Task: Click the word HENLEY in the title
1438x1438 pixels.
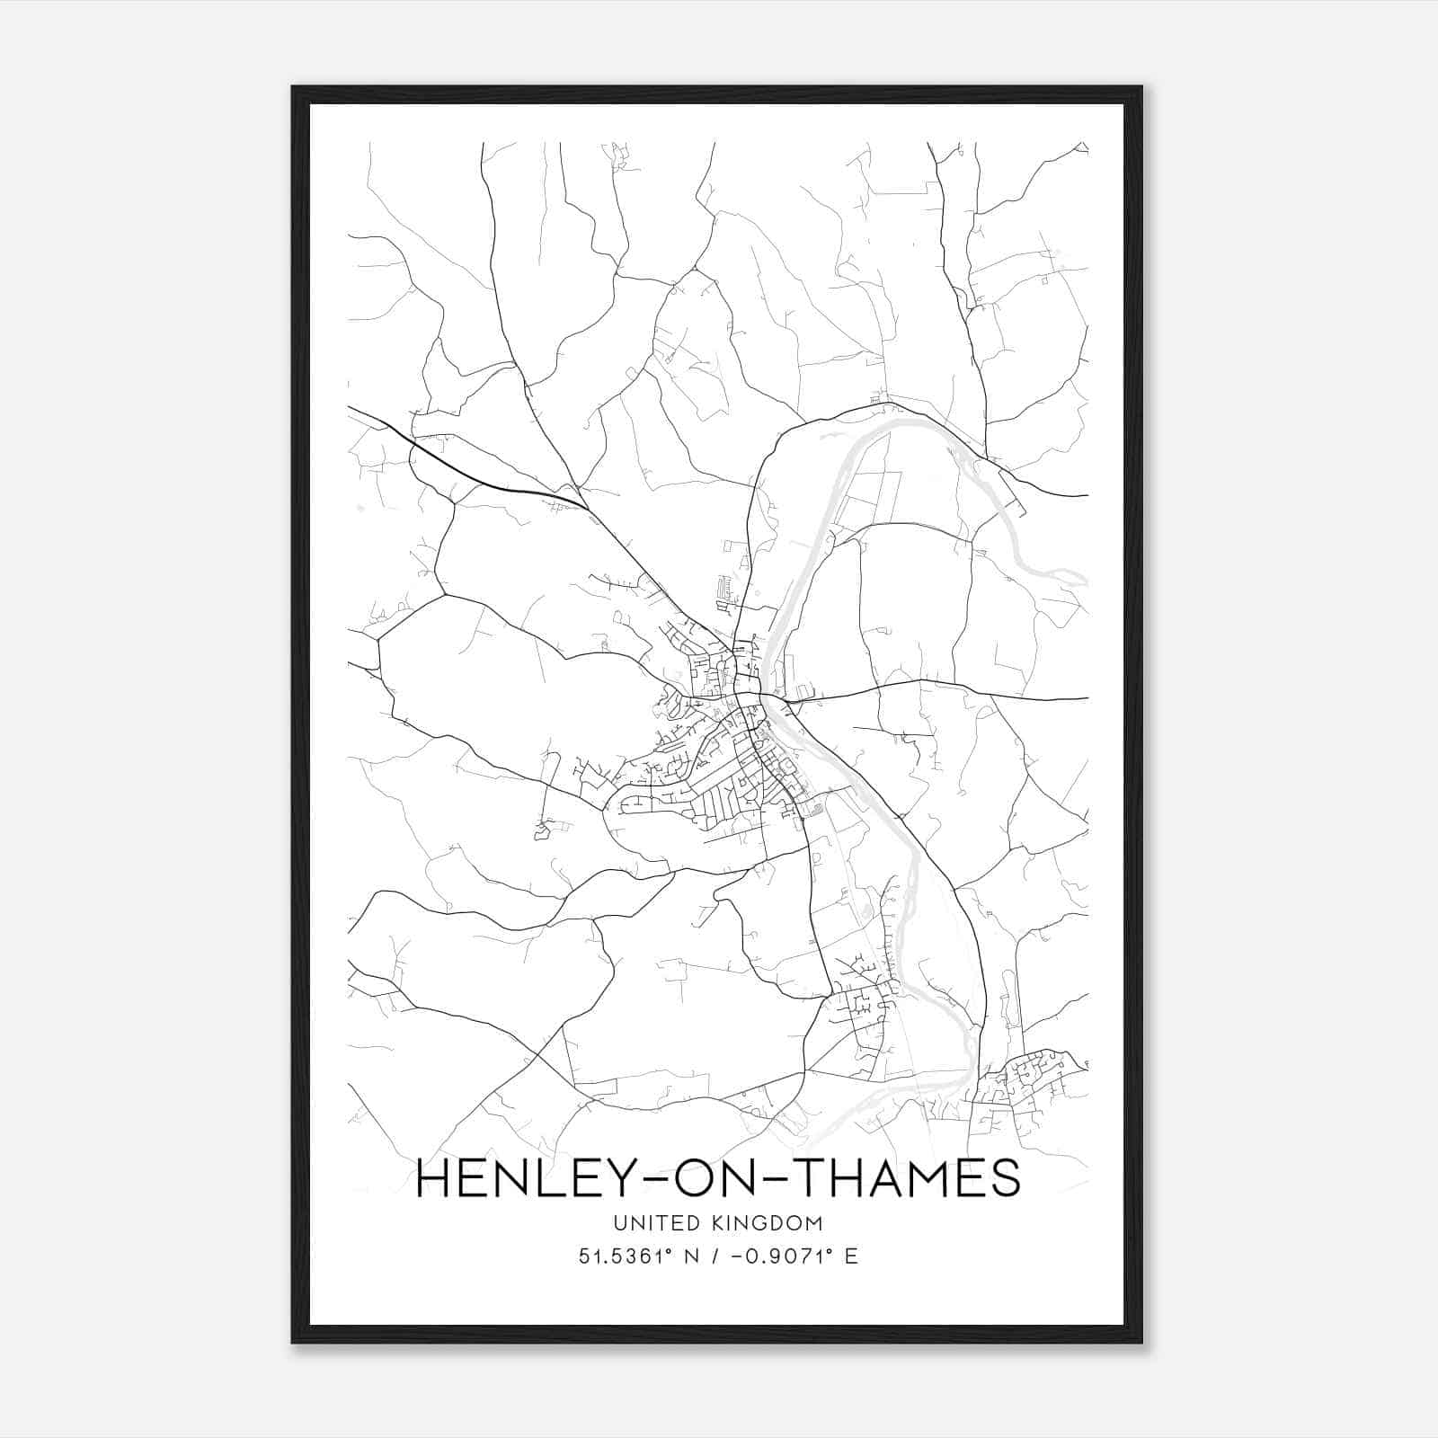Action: click(x=515, y=1177)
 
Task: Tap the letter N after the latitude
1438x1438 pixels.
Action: click(x=691, y=1256)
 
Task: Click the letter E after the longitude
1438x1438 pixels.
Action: click(x=850, y=1256)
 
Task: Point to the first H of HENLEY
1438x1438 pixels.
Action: click(x=433, y=1177)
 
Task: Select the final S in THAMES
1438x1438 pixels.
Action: click(x=1005, y=1177)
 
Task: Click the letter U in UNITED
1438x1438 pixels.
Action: click(x=620, y=1223)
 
